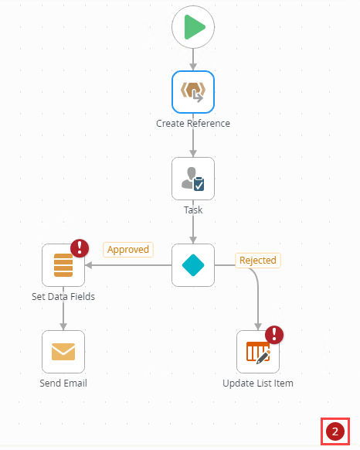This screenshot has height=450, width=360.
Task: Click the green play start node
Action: pos(193,27)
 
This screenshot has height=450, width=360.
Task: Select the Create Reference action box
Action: pos(193,92)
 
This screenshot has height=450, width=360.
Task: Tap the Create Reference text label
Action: pos(193,124)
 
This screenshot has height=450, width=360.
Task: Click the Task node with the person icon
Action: pos(193,179)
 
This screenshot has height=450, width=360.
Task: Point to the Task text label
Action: pos(193,210)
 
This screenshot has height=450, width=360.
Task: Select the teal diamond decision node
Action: pos(193,265)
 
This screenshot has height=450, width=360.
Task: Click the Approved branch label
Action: pos(128,250)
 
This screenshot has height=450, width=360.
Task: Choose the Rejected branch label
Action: pos(258,261)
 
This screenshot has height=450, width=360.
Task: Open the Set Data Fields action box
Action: pos(63,265)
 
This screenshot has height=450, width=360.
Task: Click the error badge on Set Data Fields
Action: pos(80,248)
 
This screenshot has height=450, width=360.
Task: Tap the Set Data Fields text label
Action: pos(63,296)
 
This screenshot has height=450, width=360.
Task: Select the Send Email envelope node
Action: pos(63,352)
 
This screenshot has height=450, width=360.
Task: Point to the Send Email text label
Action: pos(63,384)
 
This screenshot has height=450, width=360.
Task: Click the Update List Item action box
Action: pos(258,352)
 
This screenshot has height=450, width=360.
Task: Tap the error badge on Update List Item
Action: pos(274,335)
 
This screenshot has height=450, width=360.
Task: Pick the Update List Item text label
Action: pos(258,384)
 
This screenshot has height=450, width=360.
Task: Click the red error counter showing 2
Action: pos(335,431)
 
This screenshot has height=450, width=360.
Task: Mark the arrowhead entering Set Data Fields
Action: pos(89,265)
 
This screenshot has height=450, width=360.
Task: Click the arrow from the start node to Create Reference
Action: pos(193,60)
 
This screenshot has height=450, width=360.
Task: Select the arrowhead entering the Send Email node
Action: pos(63,326)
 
